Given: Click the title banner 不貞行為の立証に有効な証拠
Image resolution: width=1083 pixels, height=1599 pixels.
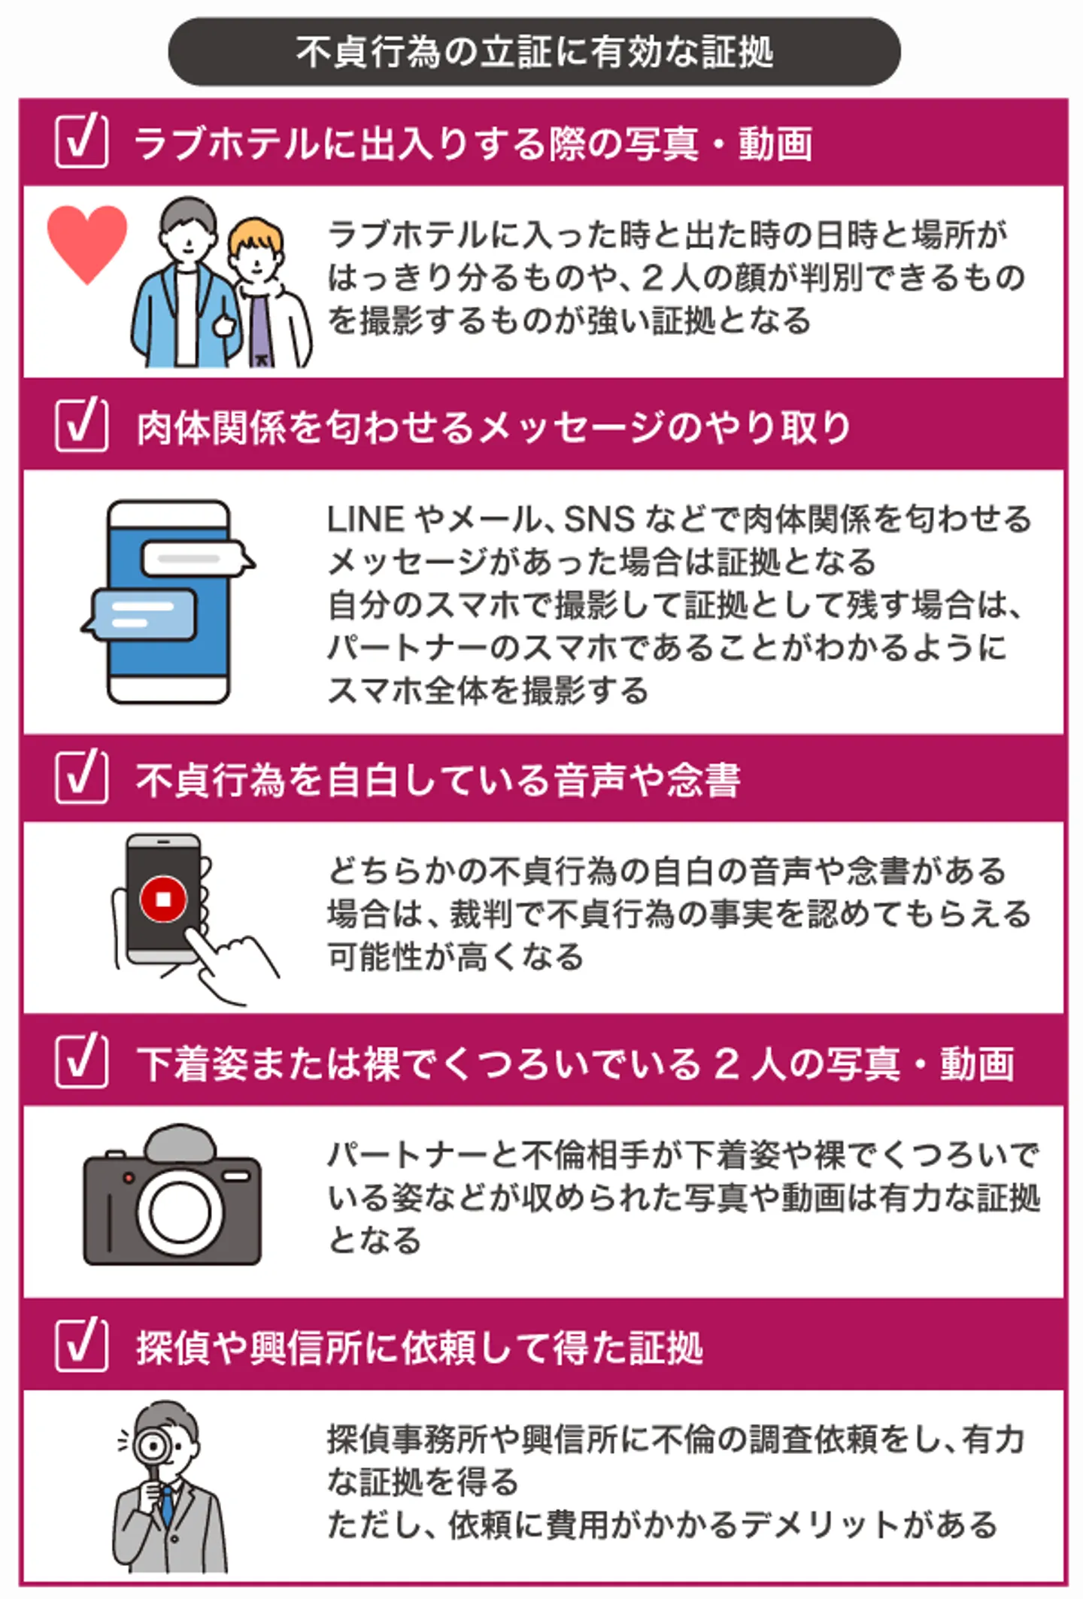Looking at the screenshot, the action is (534, 52).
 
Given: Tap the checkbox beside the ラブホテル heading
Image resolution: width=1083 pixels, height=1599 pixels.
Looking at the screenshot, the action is (81, 141).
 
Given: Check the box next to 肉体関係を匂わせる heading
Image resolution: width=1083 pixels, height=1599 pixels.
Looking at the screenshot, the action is (81, 424).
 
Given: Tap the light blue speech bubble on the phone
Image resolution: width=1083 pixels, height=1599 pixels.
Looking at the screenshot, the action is (140, 614).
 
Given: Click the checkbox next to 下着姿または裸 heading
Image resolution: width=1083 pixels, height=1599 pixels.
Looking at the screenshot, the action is (81, 1060).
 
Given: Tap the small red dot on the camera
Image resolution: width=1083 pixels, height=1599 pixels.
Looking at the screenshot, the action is (129, 1177).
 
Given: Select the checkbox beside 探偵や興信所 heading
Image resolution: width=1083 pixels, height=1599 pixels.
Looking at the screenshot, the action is (81, 1345).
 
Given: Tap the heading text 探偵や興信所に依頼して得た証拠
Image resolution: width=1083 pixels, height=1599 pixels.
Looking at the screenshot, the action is (420, 1347).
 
